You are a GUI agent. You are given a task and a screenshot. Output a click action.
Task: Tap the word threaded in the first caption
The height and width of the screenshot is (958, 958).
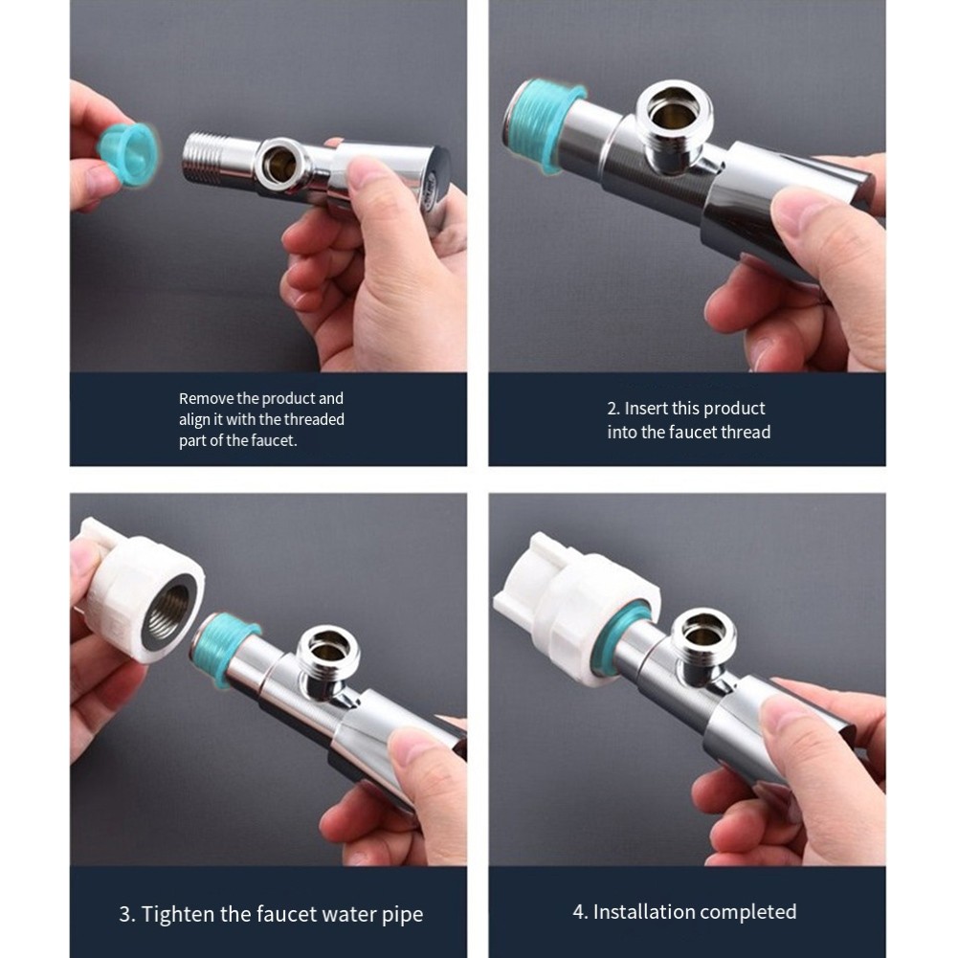314,420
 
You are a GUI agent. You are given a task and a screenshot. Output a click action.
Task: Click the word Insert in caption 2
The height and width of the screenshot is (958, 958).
646,408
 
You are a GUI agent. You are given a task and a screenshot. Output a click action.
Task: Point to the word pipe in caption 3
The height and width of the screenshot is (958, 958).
402,915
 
